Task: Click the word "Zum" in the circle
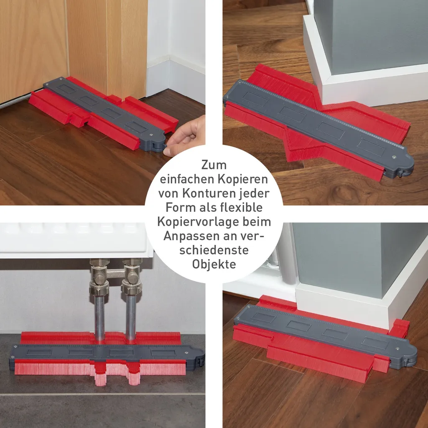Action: [214, 165]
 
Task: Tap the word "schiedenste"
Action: [214, 250]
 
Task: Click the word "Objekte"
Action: [214, 264]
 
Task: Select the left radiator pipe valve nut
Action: [99, 288]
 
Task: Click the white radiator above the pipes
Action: [75, 240]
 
